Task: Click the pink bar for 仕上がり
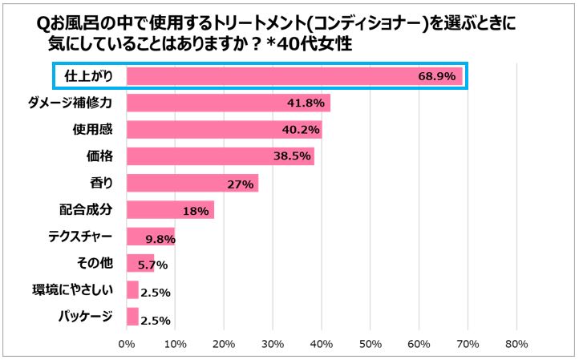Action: click(294, 76)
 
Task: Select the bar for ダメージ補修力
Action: click(229, 103)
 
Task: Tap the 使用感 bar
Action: click(224, 130)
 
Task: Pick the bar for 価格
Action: click(220, 156)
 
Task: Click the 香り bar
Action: click(192, 183)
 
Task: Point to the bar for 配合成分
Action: click(170, 210)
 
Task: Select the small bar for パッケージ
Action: click(132, 317)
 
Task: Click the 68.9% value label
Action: click(437, 76)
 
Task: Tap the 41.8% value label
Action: click(306, 103)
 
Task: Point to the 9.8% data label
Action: click(160, 239)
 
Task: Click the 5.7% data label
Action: click(152, 265)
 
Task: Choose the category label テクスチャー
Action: click(80, 237)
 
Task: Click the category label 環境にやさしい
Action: click(72, 290)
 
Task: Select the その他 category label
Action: click(95, 263)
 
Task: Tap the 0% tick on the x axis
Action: click(127, 344)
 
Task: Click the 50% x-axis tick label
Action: click(370, 344)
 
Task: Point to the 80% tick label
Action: click(516, 344)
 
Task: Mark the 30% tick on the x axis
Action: click(273, 344)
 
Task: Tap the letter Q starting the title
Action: click(43, 24)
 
